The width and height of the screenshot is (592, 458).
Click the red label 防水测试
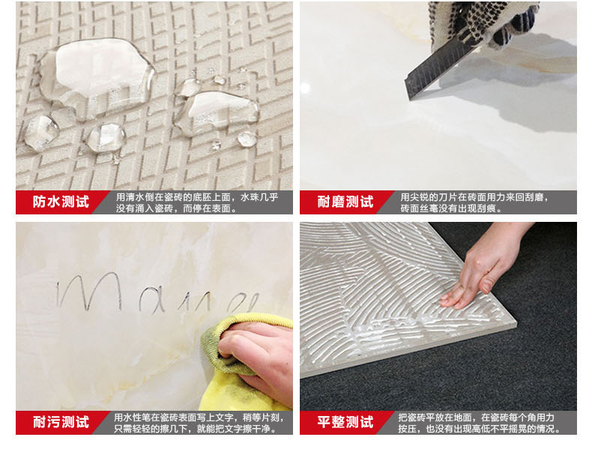pos(61,202)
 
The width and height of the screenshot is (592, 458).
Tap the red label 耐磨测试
pos(345,202)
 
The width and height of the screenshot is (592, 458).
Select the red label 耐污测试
pos(61,422)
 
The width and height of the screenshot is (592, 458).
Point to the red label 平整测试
pos(345,422)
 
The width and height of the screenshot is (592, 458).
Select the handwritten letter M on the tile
pos(90,291)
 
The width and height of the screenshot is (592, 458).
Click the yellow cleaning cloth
pos(241,363)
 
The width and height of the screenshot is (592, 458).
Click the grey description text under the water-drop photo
pos(196,202)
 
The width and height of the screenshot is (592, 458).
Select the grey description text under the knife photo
pos(474,202)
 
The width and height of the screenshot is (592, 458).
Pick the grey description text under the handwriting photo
pos(199,423)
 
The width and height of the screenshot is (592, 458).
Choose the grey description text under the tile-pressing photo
pos(480,423)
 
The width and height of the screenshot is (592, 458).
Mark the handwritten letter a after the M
pos(152,299)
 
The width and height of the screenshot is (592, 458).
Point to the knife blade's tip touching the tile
pos(409,99)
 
